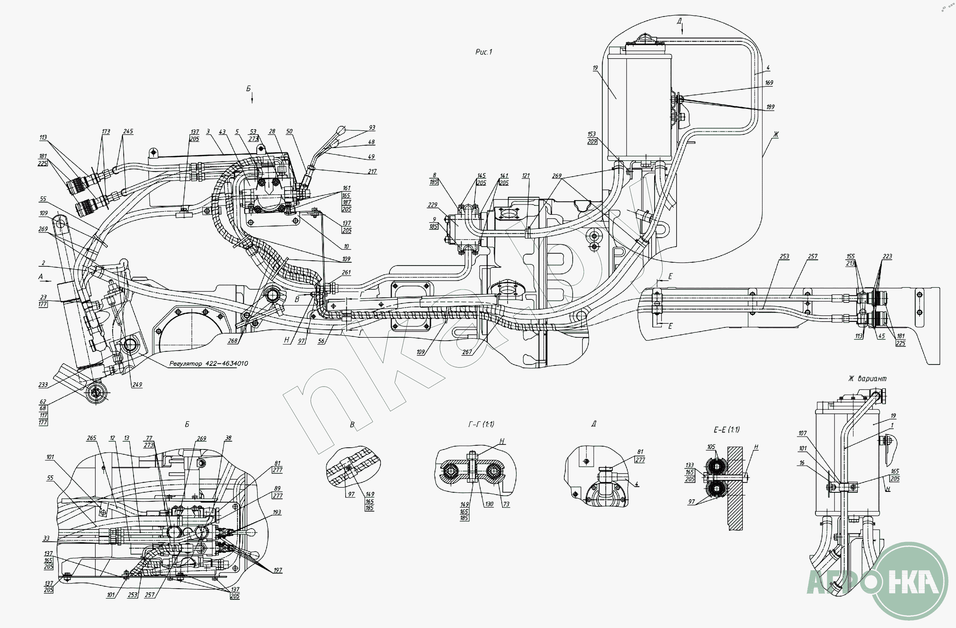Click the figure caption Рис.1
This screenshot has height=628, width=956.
(x=484, y=52)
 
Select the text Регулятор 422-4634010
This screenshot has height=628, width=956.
(x=208, y=363)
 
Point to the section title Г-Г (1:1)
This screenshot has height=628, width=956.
(x=481, y=424)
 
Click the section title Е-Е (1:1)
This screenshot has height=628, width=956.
(x=727, y=430)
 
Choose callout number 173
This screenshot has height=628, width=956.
(x=106, y=131)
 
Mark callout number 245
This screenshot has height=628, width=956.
(x=128, y=131)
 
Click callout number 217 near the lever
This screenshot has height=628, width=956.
(x=373, y=171)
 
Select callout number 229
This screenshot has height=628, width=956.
(x=433, y=205)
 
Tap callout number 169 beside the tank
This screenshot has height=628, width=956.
(x=769, y=83)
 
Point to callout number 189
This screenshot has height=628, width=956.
(x=770, y=107)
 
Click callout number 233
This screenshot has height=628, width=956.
(x=43, y=385)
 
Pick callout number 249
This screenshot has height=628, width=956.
(x=137, y=384)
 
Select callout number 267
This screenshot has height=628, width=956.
(x=467, y=352)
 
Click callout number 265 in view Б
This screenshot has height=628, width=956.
(x=92, y=438)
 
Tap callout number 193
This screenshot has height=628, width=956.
(x=277, y=512)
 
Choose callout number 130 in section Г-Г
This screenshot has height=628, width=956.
(x=489, y=504)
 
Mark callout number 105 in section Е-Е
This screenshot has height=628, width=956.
(x=711, y=447)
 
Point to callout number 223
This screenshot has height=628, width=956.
(x=887, y=256)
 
